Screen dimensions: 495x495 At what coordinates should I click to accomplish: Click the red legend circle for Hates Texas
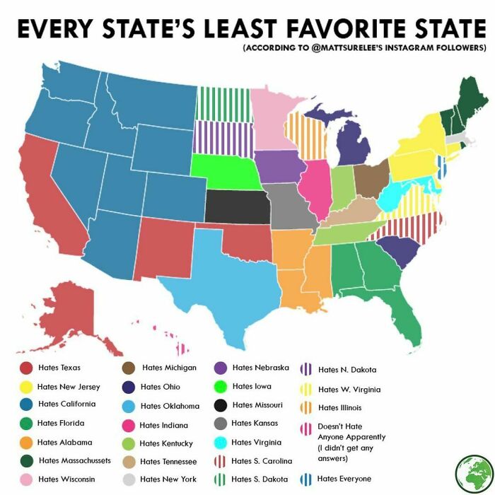[25, 368]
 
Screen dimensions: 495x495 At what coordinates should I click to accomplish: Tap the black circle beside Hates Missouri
[221, 405]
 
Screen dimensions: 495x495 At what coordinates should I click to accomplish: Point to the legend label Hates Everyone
[344, 479]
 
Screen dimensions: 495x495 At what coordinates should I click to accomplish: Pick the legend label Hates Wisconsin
[66, 479]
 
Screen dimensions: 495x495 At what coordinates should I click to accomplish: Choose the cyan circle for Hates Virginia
[221, 442]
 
